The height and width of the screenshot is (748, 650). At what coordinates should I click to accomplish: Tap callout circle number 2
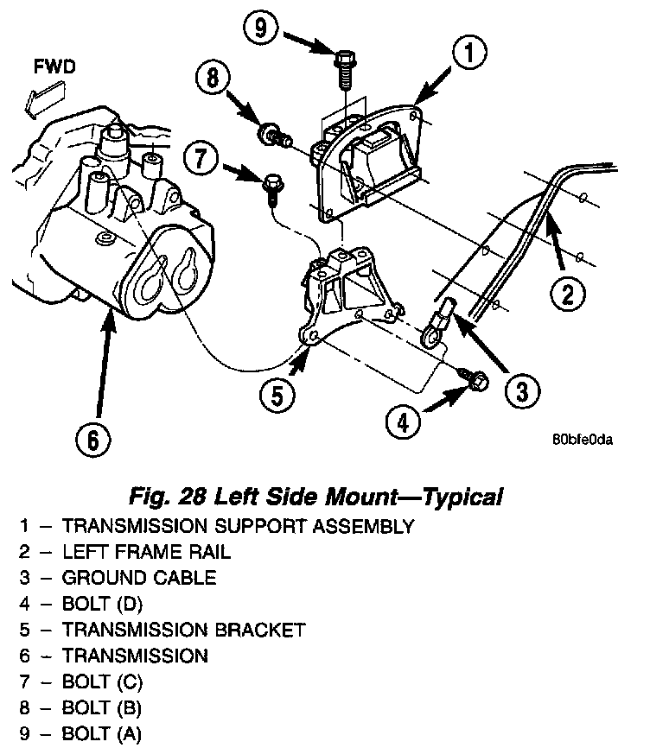point(568,295)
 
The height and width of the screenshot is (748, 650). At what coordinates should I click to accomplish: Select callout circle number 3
point(519,393)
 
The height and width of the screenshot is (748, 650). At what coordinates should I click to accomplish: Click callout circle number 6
point(92,441)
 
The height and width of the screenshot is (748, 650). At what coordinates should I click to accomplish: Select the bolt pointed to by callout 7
point(271,186)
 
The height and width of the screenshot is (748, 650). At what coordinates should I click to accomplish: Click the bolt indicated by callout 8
point(271,133)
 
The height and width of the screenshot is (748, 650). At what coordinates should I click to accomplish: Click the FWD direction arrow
point(41,95)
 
